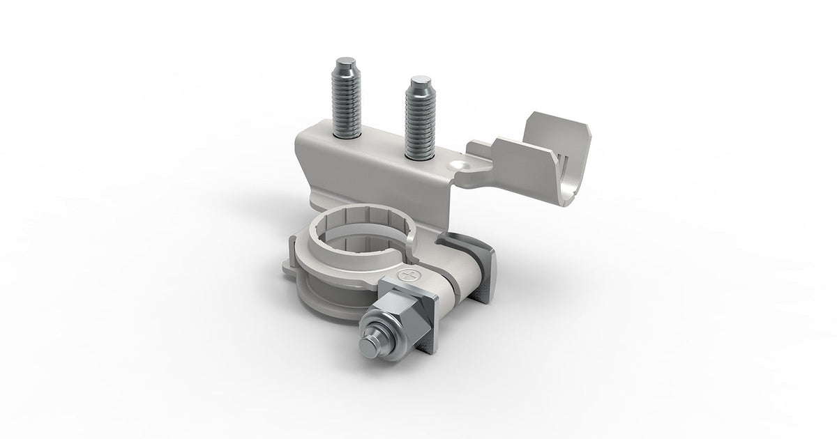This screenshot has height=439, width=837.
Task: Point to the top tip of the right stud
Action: [x=420, y=82]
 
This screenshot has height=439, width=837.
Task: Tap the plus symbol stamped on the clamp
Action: [x=407, y=277]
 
